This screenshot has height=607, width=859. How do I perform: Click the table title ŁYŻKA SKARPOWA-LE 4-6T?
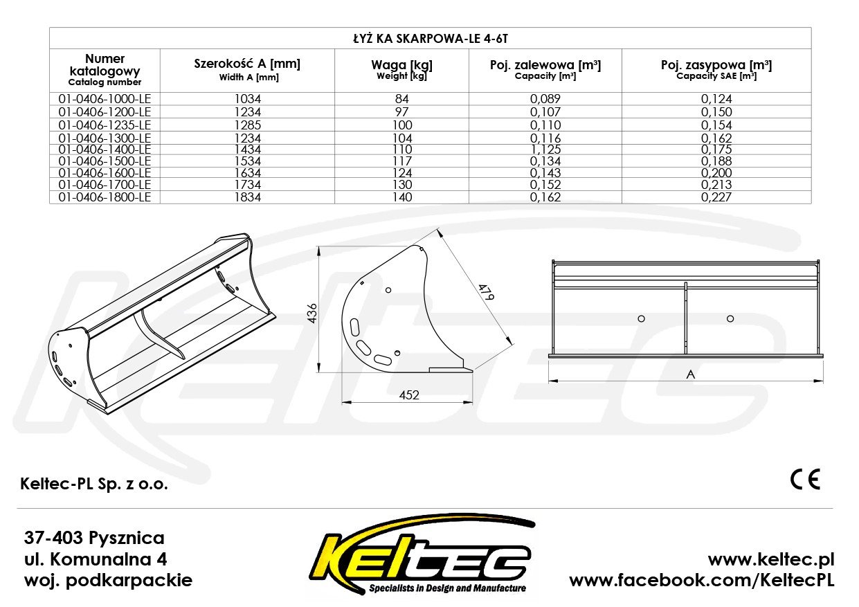431,39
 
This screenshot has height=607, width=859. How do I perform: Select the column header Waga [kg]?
401,65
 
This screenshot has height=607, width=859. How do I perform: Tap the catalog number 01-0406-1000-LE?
105,99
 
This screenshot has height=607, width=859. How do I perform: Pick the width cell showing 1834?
248,197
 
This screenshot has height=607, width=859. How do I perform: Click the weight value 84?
402,99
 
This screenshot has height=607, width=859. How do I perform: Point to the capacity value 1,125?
545,150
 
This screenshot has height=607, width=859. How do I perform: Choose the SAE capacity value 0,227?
716,197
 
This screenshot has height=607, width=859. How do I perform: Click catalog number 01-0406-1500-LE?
105,161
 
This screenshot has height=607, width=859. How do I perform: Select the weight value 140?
402,197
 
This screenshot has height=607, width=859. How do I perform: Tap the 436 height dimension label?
313,314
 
